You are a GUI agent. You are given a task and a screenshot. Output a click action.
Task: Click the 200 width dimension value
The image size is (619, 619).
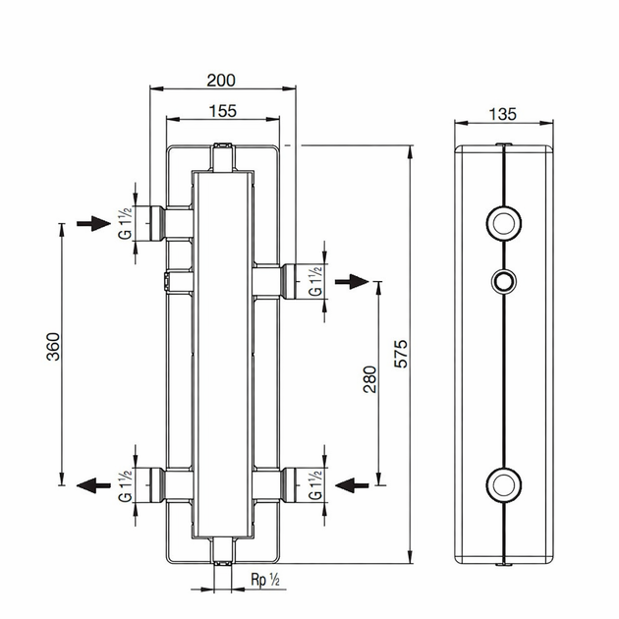click(221, 81)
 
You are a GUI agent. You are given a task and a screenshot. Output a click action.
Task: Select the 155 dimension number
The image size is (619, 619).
click(223, 111)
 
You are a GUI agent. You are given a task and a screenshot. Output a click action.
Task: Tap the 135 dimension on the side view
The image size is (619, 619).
click(502, 114)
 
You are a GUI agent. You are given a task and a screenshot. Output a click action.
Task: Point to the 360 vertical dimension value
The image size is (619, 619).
click(53, 347)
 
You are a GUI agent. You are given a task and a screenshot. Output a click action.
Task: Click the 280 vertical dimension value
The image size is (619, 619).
click(369, 379)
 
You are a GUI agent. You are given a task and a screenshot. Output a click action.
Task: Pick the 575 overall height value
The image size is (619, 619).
click(401, 354)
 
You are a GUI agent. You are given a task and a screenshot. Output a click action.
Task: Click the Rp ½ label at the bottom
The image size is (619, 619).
click(265, 580)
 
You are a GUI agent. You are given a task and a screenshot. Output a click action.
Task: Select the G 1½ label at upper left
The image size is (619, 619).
click(125, 223)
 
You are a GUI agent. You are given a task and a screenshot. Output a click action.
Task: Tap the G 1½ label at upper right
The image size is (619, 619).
click(315, 281)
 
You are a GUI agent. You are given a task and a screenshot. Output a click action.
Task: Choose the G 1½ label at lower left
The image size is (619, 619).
click(125, 486)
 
